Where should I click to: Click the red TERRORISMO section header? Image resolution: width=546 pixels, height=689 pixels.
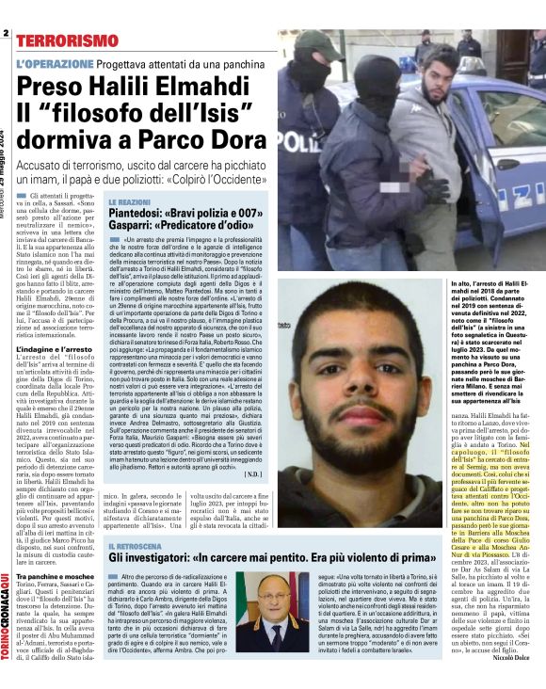pos(67,41)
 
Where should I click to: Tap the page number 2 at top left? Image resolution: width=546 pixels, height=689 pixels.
pos(5,34)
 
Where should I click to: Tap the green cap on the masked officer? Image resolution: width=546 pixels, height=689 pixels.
pos(316,42)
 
